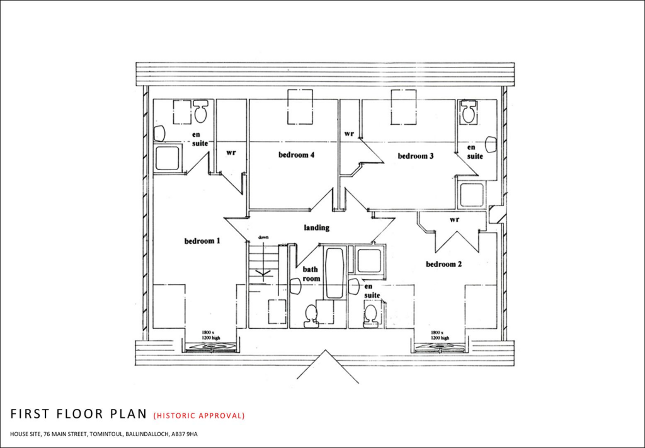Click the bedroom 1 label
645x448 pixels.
pyautogui.click(x=202, y=241)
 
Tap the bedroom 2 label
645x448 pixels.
pyautogui.click(x=443, y=264)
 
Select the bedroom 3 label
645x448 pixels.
pyautogui.click(x=415, y=156)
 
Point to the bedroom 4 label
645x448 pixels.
pyautogui.click(x=296, y=156)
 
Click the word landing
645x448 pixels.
pyautogui.click(x=316, y=228)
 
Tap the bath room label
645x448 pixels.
pyautogui.click(x=312, y=273)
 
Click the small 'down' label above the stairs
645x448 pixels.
pyautogui.click(x=263, y=238)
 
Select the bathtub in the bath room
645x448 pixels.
pyautogui.click(x=334, y=273)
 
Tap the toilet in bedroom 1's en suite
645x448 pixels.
pyautogui.click(x=201, y=112)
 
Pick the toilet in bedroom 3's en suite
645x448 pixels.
pyautogui.click(x=468, y=113)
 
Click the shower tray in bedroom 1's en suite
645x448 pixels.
pyautogui.click(x=167, y=158)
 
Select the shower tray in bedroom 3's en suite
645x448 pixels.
pyautogui.click(x=471, y=195)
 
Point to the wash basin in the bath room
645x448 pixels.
pyautogui.click(x=294, y=287)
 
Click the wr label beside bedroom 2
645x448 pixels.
pyautogui.click(x=454, y=220)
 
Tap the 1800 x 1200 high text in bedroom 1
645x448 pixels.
pyautogui.click(x=210, y=335)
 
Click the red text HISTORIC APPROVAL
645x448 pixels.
pyautogui.click(x=199, y=415)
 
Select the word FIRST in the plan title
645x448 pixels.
pyautogui.click(x=29, y=414)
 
